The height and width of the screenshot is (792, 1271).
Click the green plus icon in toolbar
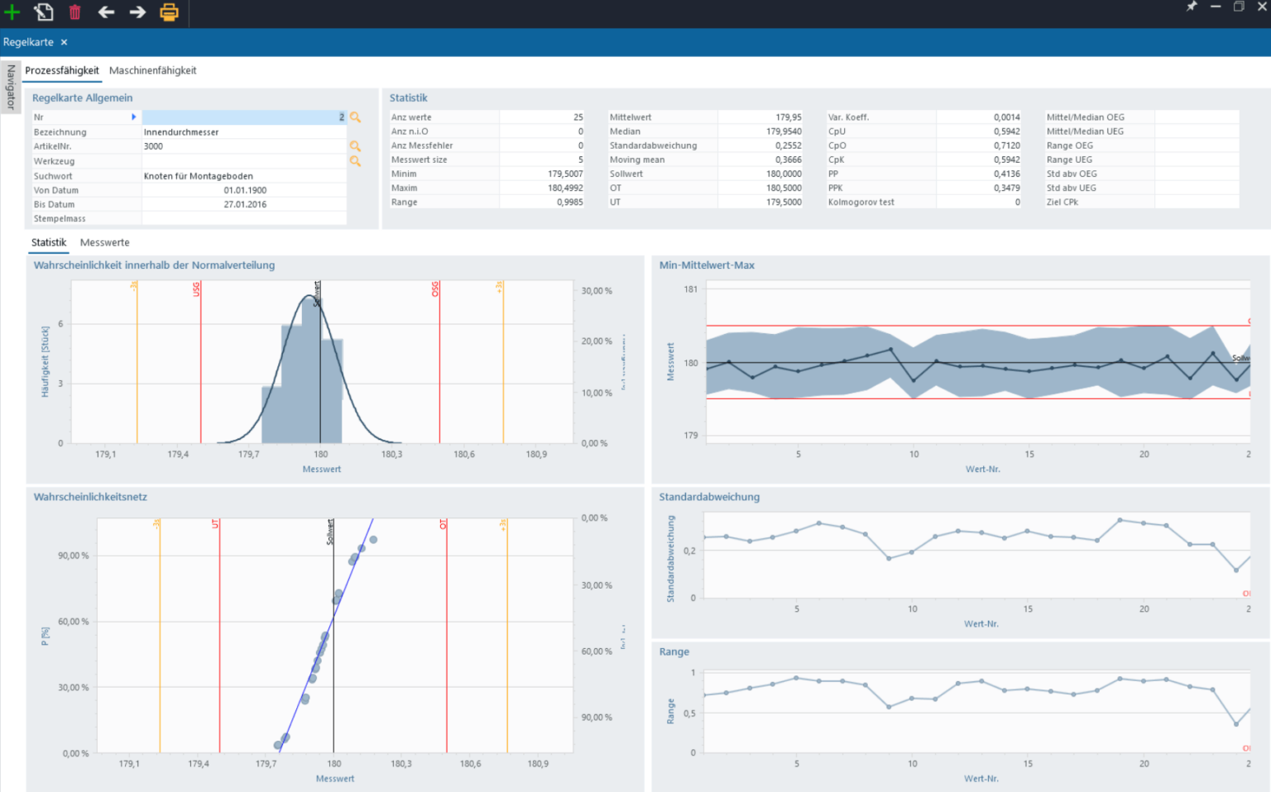(12, 12)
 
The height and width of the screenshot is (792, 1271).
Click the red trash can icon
(74, 12)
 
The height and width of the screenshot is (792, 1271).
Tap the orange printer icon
(169, 12)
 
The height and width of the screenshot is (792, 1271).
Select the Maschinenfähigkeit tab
(152, 70)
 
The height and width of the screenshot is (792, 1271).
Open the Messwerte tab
(104, 242)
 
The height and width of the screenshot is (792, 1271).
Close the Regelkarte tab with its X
(64, 42)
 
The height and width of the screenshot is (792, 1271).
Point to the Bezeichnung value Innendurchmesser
(181, 132)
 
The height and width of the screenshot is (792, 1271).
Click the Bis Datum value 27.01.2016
(245, 204)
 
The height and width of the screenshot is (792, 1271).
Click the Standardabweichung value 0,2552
(788, 146)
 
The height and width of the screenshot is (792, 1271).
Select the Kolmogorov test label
(861, 202)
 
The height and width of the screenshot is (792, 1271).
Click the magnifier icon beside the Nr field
(355, 117)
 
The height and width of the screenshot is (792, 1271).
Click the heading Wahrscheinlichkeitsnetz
(90, 497)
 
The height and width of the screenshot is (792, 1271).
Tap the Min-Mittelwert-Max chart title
(707, 265)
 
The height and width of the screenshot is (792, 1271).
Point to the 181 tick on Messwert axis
(691, 289)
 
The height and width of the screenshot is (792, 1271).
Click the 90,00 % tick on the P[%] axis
(74, 556)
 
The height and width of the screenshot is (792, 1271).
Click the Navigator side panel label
(11, 88)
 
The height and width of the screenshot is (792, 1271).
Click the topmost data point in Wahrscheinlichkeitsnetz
(373, 540)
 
